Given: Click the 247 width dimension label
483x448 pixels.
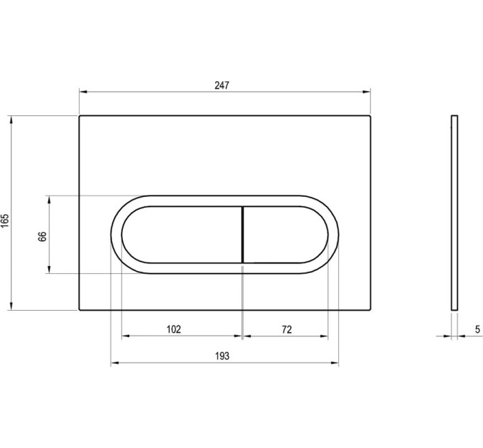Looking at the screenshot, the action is click(x=222, y=85).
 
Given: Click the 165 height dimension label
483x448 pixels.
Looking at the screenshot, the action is click(x=5, y=220).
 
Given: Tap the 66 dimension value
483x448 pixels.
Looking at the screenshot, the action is click(x=43, y=237).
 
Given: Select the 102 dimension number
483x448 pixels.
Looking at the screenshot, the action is click(x=174, y=329).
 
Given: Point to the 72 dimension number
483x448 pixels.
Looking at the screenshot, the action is click(x=286, y=330).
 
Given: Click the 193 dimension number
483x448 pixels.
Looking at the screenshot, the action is click(x=222, y=356).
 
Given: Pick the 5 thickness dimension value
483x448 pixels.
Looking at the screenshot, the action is click(x=477, y=329).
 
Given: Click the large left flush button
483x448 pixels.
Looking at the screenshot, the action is click(x=182, y=235).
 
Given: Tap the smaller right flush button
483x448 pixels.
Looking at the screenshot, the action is click(x=286, y=235).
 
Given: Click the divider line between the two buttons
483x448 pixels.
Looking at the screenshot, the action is click(x=243, y=235).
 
